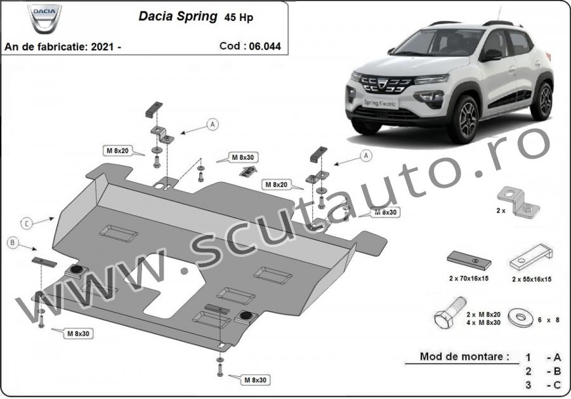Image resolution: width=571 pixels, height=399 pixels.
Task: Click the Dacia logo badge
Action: (x=44, y=18)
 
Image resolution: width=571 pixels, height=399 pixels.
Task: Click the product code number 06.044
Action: (x=265, y=46)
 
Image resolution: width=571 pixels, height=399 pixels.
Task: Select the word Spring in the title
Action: (x=197, y=16)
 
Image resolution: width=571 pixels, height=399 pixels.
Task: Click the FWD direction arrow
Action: (x=248, y=171)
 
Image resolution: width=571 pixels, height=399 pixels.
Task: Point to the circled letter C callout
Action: (x=27, y=223)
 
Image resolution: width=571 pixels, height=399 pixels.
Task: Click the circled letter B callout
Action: (x=13, y=242)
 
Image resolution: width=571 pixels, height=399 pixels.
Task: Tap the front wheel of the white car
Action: (x=464, y=119)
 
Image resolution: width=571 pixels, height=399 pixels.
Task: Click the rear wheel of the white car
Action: (x=542, y=101)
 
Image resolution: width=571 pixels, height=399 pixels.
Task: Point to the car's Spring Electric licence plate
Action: (x=380, y=103)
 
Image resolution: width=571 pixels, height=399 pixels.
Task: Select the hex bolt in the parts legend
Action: (x=450, y=313)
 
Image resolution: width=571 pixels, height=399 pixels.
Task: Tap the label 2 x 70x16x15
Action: (x=469, y=278)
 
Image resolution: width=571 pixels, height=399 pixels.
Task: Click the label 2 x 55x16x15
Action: (x=531, y=279)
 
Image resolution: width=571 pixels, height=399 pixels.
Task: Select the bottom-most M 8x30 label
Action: (x=255, y=380)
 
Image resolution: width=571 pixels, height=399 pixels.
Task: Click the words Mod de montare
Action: (x=464, y=356)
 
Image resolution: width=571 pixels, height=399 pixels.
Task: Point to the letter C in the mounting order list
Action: (x=556, y=385)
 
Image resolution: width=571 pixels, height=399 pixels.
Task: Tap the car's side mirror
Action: (x=491, y=55)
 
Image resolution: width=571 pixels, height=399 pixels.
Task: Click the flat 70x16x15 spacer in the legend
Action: (x=469, y=261)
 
